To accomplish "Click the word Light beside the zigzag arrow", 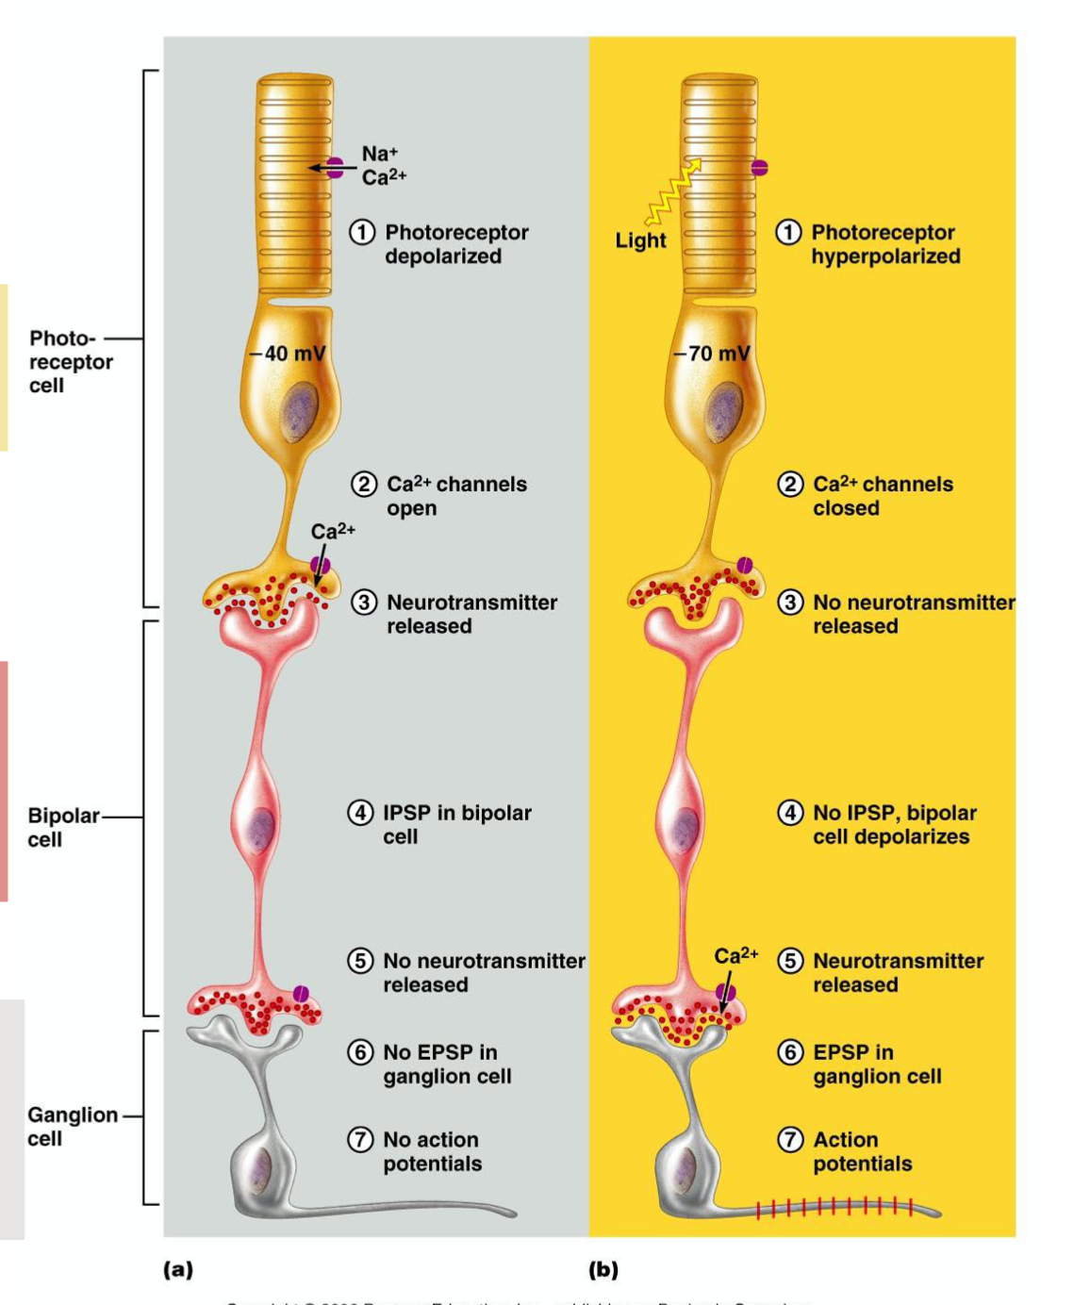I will (640, 240).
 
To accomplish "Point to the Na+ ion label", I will (379, 154).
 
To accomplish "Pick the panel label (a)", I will (177, 1269).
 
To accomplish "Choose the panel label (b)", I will (603, 1269).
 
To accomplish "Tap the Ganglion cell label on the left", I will (72, 1126).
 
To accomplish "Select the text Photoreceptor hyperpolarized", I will (885, 244).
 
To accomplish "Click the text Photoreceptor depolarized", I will (456, 244).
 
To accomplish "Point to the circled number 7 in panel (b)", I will (789, 1140).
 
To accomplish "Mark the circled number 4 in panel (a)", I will (360, 813).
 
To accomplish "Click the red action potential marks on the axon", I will (834, 1206).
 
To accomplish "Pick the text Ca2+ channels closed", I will (883, 496).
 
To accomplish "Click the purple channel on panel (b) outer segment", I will (759, 168).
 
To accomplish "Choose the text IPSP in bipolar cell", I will (456, 824).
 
